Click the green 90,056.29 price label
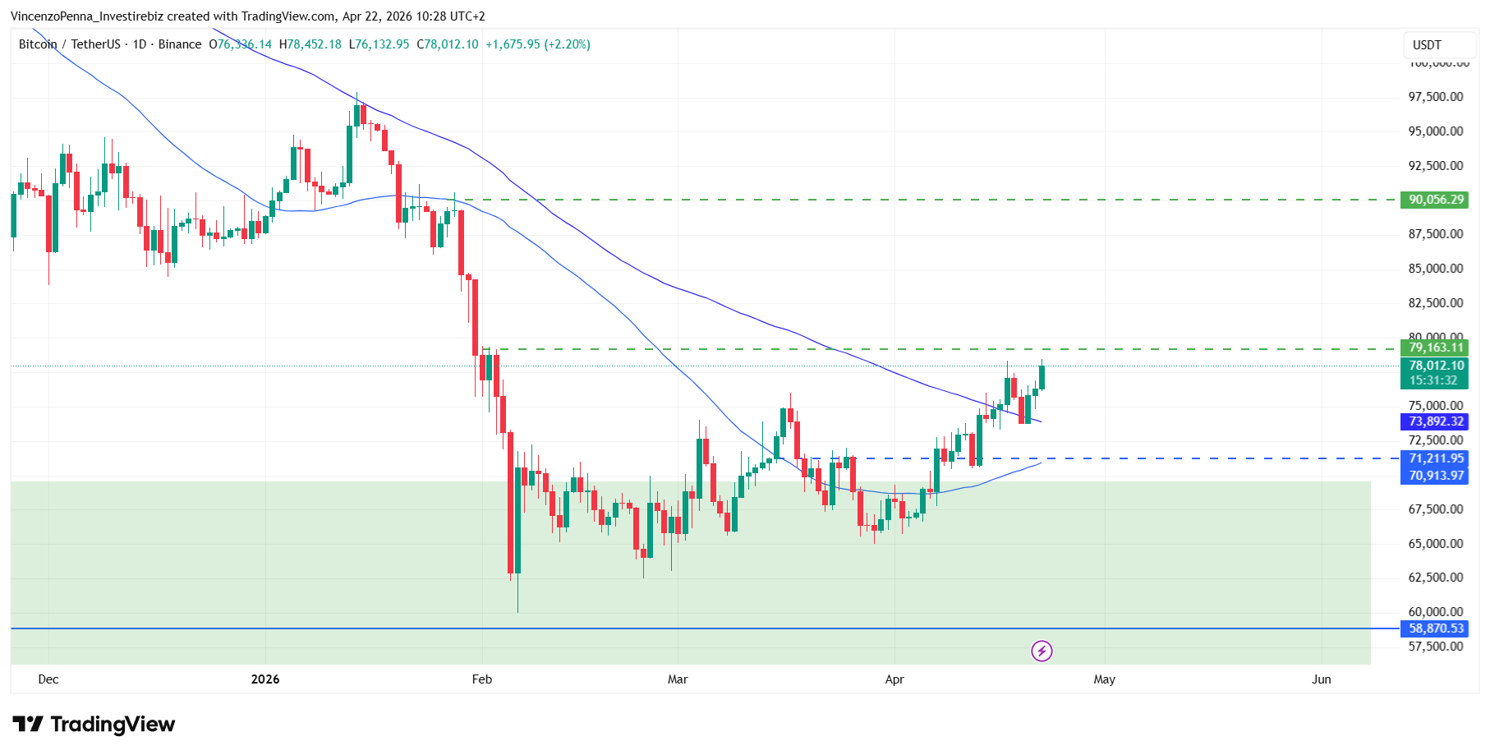(x=1435, y=200)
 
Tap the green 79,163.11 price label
(x=1435, y=348)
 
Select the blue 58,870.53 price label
(x=1435, y=628)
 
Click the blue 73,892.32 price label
(x=1435, y=421)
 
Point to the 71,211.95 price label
(x=1435, y=458)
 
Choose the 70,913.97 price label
(x=1435, y=476)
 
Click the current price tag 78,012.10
(x=1435, y=366)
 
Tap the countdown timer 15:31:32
(x=1433, y=380)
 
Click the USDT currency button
(x=1427, y=45)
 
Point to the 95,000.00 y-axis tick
(x=1435, y=131)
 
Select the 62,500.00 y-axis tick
(x=1435, y=578)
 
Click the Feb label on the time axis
(x=482, y=679)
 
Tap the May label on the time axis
(x=1104, y=679)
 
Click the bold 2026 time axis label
(x=265, y=679)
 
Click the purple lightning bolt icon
(x=1042, y=651)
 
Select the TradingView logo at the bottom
(x=94, y=724)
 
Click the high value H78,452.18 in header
(x=310, y=44)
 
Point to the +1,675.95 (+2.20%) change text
(x=538, y=44)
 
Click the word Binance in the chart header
(x=180, y=44)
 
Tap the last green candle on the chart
(x=1042, y=377)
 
